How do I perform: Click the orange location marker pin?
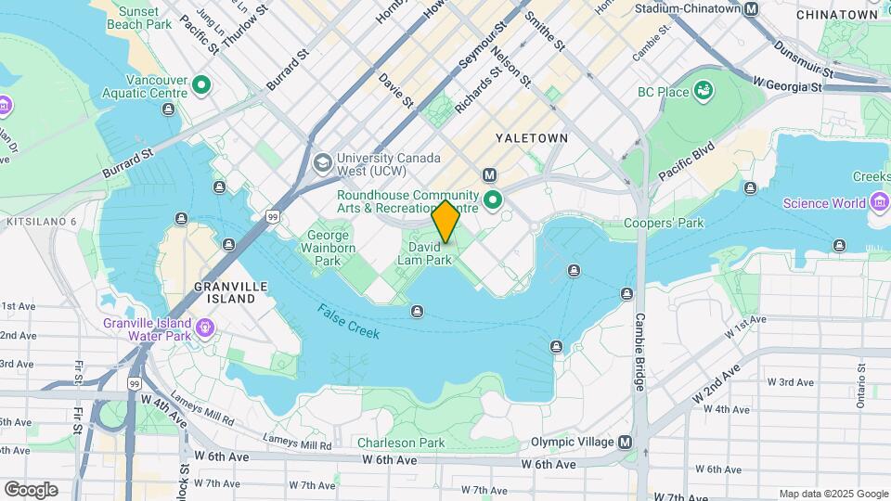click(x=445, y=222)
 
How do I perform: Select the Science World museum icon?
click(x=880, y=203)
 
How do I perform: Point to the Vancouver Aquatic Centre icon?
click(x=202, y=87)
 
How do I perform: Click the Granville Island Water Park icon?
click(x=204, y=328)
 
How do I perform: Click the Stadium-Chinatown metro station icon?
click(x=752, y=8)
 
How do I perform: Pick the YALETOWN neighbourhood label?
click(x=531, y=137)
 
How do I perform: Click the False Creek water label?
click(x=348, y=321)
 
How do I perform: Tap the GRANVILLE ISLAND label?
click(x=225, y=292)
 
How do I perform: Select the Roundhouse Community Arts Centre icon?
click(x=492, y=198)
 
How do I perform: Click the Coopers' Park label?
click(x=664, y=223)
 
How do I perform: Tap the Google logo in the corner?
click(x=31, y=489)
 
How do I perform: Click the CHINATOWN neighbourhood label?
click(x=836, y=15)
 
